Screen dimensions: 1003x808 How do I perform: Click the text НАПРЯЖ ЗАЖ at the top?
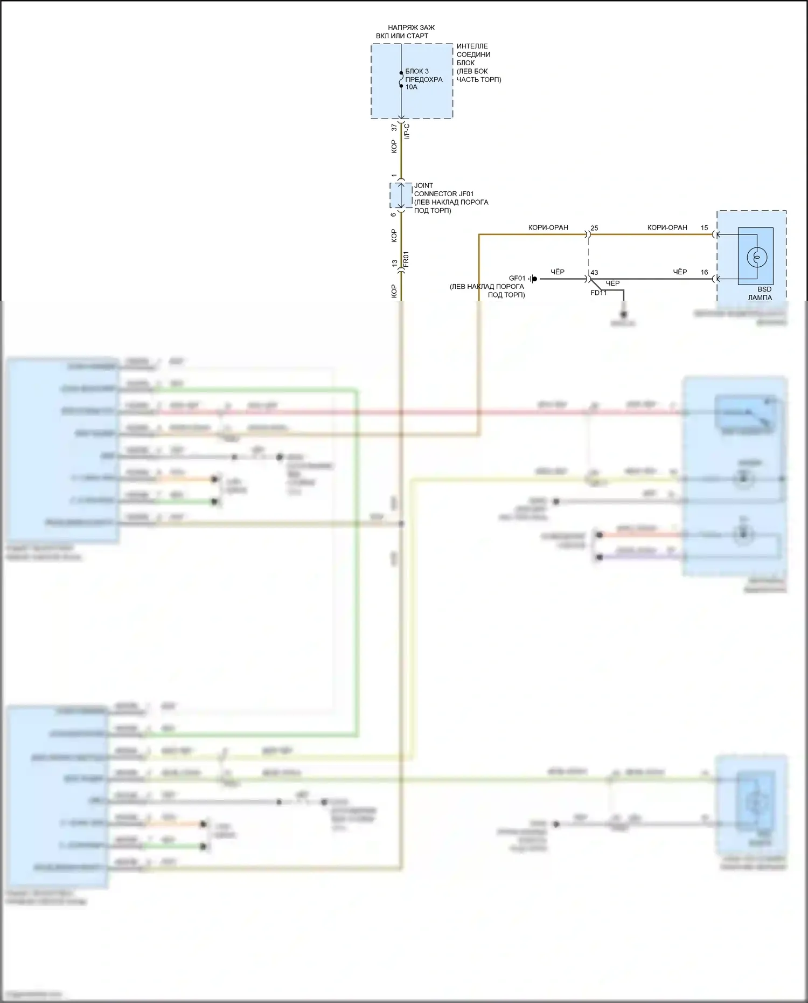[411, 27]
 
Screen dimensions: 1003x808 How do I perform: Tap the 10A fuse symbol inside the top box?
[401, 80]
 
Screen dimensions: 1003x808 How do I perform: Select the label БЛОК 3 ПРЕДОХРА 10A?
[423, 79]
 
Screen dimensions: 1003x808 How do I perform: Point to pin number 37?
[394, 128]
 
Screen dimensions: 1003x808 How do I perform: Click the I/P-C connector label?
[407, 131]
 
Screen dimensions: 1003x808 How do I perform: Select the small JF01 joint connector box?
[401, 195]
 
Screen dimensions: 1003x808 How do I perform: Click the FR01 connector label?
[406, 259]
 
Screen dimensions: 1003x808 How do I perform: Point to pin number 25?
[594, 228]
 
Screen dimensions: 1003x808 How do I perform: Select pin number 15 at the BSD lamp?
[704, 228]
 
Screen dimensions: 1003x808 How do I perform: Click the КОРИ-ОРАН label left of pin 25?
[548, 227]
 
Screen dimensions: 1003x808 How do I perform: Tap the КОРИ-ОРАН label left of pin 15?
[667, 227]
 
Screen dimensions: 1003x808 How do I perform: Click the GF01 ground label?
[517, 279]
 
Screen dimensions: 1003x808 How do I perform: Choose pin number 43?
[594, 273]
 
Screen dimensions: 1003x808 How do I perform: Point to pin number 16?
[704, 272]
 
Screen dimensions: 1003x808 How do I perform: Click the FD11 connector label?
[598, 293]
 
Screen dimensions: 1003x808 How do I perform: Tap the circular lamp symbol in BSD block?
[756, 257]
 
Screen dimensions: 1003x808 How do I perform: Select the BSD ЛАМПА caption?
[760, 293]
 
